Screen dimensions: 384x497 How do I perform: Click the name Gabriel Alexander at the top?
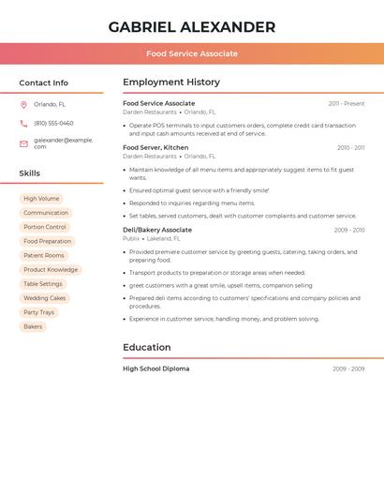pos(192,27)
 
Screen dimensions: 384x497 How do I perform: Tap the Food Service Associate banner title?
pos(192,53)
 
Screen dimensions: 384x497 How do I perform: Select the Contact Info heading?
pos(44,83)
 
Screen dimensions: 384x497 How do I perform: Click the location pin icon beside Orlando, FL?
pos(23,105)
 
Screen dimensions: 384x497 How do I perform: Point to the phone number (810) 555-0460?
pos(53,123)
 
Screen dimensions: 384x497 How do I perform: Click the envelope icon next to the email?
pos(23,143)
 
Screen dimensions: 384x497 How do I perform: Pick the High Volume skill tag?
pos(41,199)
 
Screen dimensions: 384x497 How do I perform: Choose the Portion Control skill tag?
pos(45,227)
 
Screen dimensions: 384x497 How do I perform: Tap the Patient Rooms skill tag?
pos(44,255)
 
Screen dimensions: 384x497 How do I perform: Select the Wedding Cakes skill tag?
pos(45,298)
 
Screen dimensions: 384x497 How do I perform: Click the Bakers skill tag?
pos(33,326)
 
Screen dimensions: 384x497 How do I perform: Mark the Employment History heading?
pos(171,83)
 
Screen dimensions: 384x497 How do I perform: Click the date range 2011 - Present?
pos(346,103)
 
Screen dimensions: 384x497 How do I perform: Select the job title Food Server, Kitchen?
pos(155,147)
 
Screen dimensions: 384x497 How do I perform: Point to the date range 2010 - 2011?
pos(350,147)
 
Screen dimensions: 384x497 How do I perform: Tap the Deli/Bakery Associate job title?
pos(157,230)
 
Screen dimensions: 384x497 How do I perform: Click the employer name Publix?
pos(131,238)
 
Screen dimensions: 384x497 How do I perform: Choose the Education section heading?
pos(147,347)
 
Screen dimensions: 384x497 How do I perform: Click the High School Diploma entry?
pos(155,369)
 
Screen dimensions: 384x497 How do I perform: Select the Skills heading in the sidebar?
pos(30,173)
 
